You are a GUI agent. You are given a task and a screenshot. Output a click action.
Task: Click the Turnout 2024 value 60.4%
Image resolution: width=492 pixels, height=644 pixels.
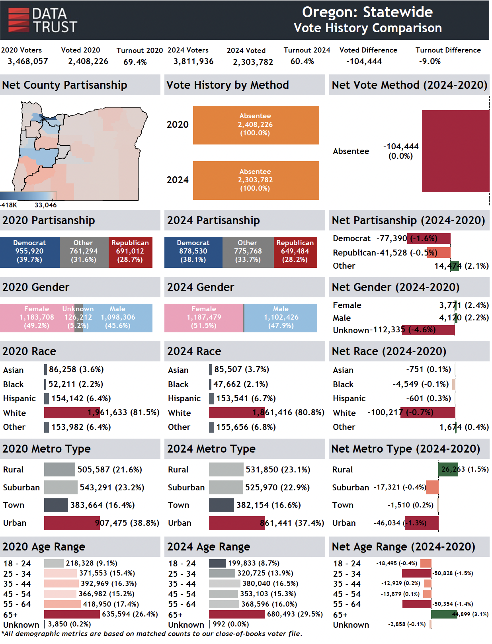coord(302,61)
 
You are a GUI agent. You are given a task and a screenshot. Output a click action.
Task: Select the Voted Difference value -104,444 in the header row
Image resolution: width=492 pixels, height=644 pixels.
coord(364,61)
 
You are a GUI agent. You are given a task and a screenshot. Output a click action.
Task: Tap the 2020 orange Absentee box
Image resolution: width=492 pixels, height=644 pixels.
coord(256,125)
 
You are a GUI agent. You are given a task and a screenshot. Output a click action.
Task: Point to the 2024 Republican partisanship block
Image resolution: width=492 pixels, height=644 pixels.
coord(295,252)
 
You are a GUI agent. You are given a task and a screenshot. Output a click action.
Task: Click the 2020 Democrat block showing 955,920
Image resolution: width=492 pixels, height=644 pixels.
coord(29,252)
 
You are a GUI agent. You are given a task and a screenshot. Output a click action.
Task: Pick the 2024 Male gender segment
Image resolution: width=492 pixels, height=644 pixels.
coord(281,318)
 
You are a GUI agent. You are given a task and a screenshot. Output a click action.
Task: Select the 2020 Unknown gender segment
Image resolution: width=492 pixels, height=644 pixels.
coord(78,318)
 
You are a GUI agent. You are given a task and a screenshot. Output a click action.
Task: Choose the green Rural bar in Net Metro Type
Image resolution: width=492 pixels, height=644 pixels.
coord(448,469)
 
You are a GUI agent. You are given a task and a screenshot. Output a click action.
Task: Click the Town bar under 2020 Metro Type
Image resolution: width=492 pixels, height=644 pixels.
coord(56,505)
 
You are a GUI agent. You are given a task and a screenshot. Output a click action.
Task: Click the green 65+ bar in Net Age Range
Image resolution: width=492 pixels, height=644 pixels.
coord(444,614)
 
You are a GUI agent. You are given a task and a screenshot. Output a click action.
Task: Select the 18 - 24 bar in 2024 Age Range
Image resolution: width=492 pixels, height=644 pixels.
coord(217,563)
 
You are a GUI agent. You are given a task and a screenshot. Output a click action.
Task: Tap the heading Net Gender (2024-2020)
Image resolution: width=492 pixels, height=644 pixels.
coord(395,287)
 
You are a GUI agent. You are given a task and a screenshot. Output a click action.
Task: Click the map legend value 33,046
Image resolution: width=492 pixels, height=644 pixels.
coord(45,205)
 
